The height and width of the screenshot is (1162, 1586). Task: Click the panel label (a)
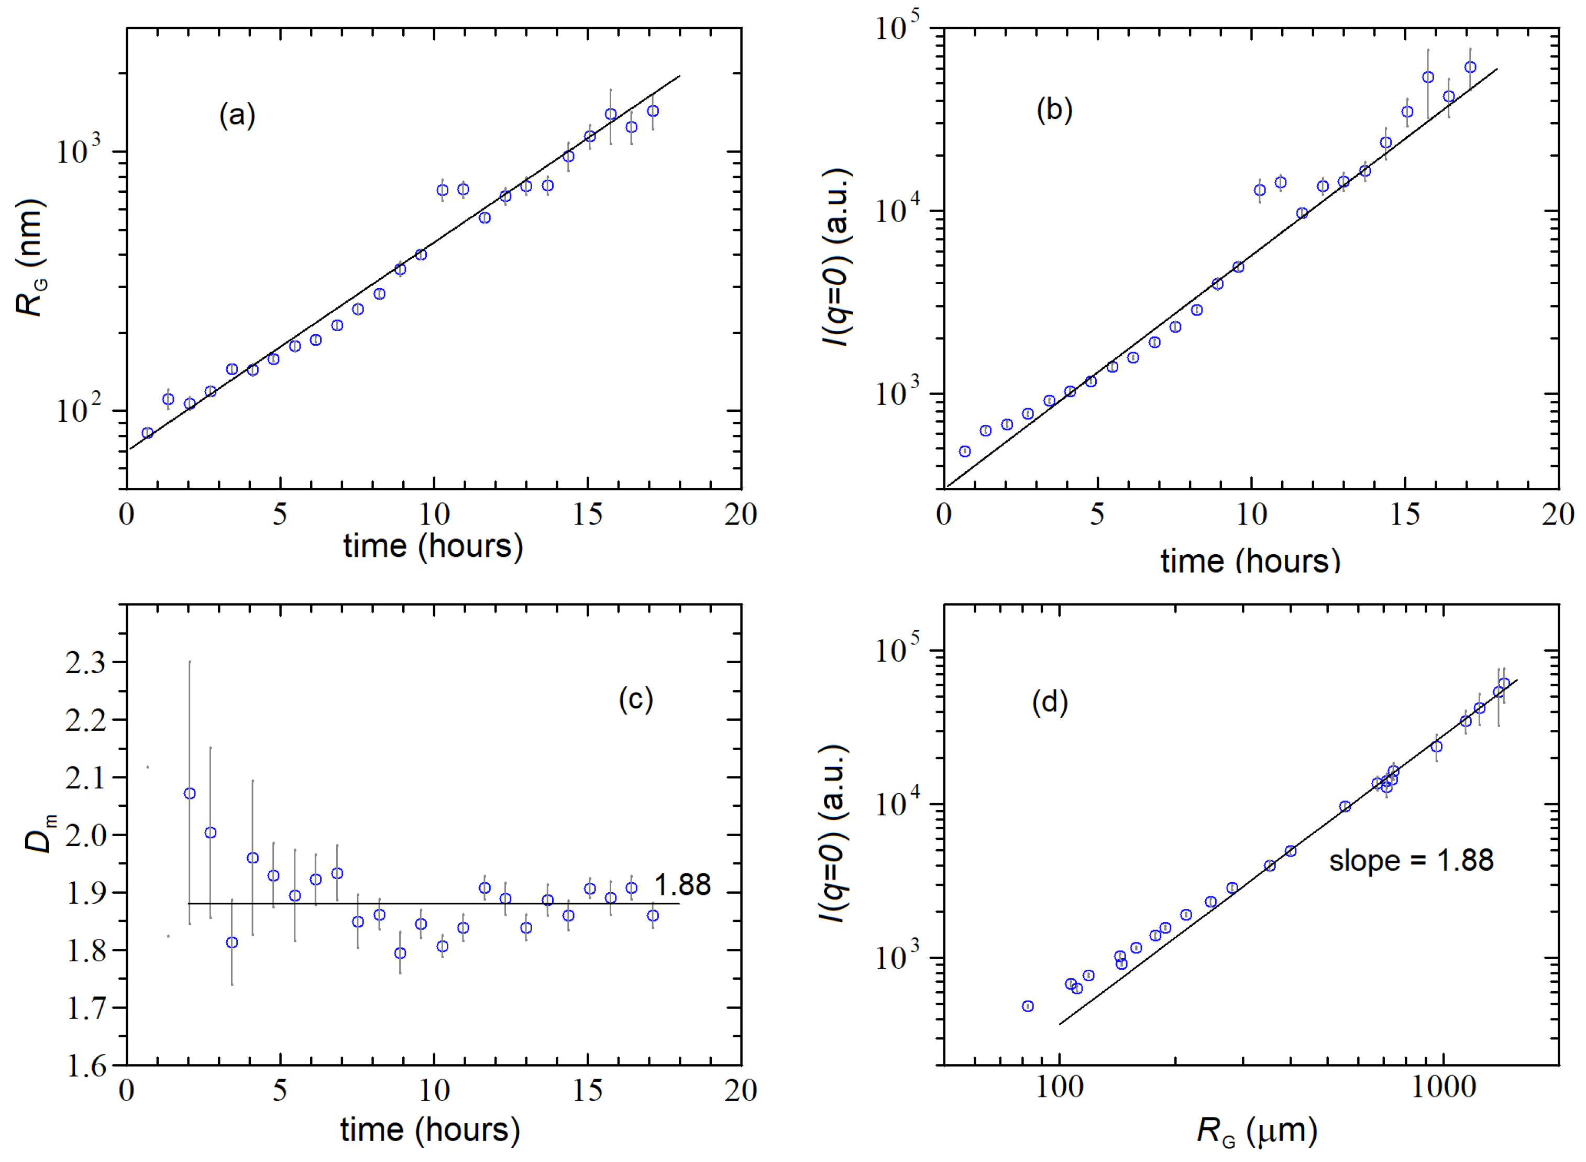pos(237,115)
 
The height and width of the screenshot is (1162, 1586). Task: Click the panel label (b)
pos(1054,111)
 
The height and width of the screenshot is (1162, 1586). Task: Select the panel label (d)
pos(1049,701)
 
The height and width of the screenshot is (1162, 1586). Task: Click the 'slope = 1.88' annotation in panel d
pos(1411,860)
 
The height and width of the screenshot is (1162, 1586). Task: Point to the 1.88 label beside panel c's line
pos(682,884)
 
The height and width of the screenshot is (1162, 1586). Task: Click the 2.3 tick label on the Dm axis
pos(85,663)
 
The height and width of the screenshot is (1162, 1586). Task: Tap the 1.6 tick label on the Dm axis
pos(85,1066)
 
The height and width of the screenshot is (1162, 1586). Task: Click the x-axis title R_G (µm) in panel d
pos(1256,1132)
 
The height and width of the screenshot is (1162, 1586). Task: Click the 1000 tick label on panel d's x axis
pos(1443,1088)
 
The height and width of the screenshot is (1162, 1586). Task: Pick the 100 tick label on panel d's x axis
pos(1059,1088)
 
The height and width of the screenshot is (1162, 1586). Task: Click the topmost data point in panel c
pos(189,793)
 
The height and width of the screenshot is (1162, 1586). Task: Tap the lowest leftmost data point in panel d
pos(1028,1006)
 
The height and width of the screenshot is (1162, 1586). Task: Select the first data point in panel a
pos(147,433)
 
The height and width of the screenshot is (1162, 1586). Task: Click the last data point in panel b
pos(1470,68)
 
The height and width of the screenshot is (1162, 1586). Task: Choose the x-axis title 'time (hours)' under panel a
pos(433,546)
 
